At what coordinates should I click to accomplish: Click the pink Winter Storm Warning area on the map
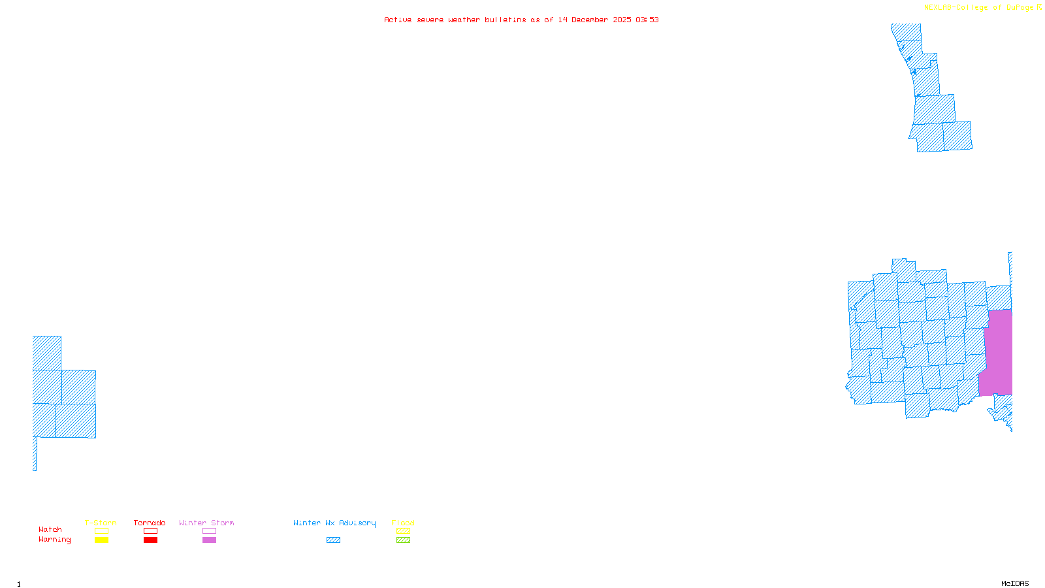(998, 353)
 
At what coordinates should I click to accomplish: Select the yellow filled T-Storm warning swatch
(101, 540)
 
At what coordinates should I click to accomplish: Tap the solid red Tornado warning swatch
(150, 540)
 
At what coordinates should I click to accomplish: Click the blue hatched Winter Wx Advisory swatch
(333, 540)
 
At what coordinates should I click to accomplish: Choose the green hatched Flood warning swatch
(403, 540)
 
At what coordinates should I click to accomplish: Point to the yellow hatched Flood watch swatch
(403, 531)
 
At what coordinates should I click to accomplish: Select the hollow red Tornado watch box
(150, 531)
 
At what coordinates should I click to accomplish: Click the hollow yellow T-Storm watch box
(101, 531)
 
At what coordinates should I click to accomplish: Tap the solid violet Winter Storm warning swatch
(209, 540)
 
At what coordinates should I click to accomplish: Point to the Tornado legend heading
(150, 523)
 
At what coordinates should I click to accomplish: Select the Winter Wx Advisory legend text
(334, 523)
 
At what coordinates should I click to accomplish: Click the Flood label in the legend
(403, 523)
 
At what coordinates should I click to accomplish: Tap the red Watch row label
(50, 530)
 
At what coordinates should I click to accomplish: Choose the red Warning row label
(54, 540)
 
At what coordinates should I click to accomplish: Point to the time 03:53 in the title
(647, 20)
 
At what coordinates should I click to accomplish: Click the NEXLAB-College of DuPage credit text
(978, 7)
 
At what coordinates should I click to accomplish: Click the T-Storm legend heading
(101, 523)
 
